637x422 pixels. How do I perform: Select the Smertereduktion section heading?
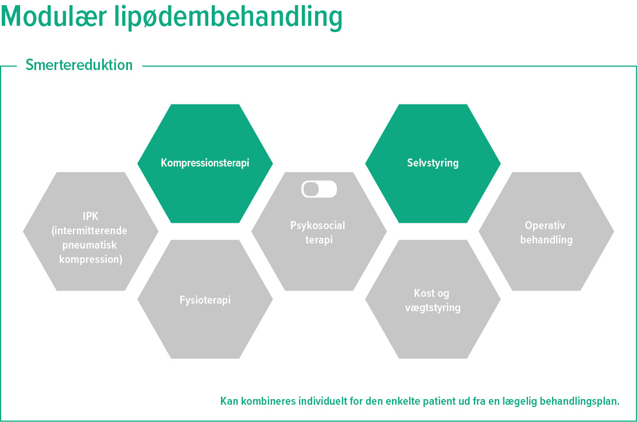(x=79, y=65)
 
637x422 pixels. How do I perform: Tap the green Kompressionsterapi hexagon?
(x=205, y=163)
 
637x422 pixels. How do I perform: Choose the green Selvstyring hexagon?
(x=433, y=163)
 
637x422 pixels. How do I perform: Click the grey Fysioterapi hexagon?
(x=205, y=300)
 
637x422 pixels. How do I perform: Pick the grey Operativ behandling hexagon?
(x=546, y=232)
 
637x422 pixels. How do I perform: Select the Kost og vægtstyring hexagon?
(x=433, y=300)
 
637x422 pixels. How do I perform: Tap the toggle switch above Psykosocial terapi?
(x=319, y=189)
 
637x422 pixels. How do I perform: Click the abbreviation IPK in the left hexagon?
(x=91, y=216)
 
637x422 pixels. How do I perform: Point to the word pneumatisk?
(x=91, y=245)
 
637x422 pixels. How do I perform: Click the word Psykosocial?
(x=318, y=226)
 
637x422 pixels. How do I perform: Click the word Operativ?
(x=545, y=226)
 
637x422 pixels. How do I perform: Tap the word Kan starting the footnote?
(x=228, y=401)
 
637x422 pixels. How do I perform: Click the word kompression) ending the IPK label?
(x=91, y=260)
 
